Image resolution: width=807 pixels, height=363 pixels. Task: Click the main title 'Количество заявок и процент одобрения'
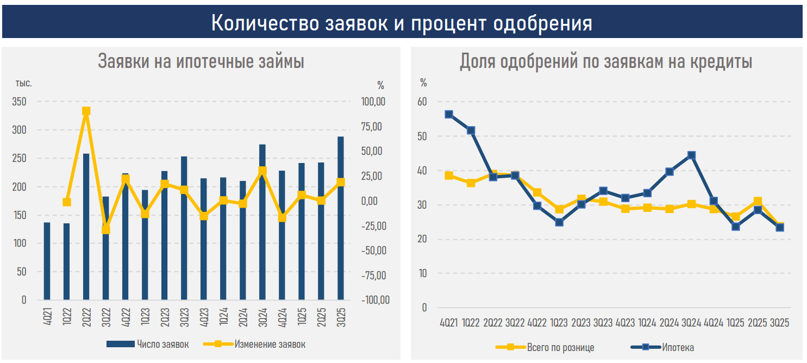(402, 23)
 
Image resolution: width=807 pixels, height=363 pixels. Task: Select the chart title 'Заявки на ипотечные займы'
(201, 61)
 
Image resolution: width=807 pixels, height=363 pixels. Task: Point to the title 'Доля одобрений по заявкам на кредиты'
(606, 61)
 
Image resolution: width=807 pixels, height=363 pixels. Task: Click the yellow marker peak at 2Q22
(86, 111)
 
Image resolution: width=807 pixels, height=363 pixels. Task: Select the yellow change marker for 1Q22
(66, 202)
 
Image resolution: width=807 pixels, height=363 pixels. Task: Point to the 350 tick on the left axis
(19, 102)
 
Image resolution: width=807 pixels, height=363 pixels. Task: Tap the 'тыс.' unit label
(23, 84)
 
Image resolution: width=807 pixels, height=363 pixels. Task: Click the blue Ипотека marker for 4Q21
(449, 114)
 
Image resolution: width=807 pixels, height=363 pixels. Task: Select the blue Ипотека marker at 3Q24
(691, 155)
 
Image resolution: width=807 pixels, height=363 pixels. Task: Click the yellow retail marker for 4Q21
(449, 176)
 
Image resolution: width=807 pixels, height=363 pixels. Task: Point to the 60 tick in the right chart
(423, 102)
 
